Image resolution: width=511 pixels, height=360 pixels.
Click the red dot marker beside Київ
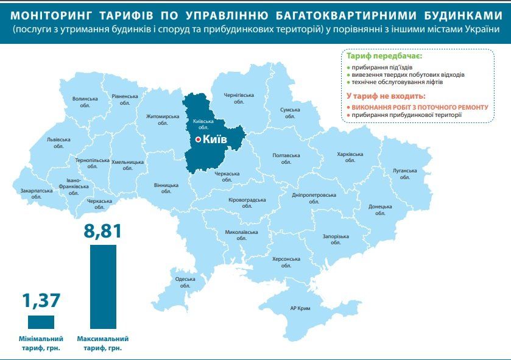[198, 140]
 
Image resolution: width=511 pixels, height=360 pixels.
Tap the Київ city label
[214, 140]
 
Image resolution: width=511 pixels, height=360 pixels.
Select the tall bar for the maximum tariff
[103, 286]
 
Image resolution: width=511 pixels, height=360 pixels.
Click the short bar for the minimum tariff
[41, 322]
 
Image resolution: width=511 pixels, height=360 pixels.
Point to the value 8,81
[102, 231]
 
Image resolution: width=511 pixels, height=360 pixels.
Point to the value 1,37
[42, 301]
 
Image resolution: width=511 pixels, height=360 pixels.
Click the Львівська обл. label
[58, 143]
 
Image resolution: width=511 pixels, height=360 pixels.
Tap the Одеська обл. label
[185, 282]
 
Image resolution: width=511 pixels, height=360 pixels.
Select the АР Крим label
[300, 309]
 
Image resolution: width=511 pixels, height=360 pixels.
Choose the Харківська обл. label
[350, 158]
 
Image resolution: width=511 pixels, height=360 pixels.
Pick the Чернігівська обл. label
[238, 99]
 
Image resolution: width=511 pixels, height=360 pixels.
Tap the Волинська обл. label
[85, 102]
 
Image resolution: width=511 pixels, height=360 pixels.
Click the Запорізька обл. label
[336, 239]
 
